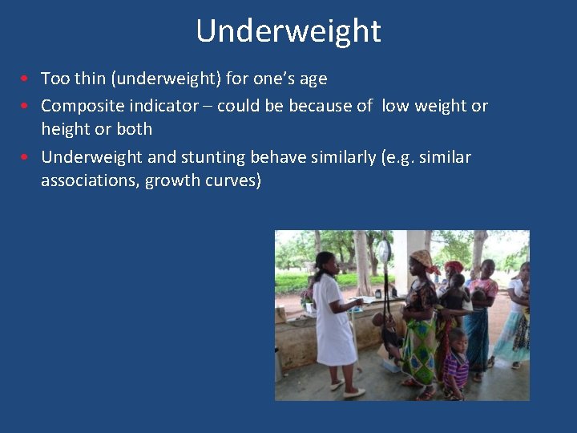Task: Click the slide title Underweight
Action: (288, 31)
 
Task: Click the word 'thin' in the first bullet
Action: (89, 79)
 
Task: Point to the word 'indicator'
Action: (168, 106)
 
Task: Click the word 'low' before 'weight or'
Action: (396, 106)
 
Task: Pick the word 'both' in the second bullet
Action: (134, 129)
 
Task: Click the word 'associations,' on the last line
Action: (91, 180)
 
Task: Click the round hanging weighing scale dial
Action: (384, 251)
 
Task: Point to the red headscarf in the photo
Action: (454, 266)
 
